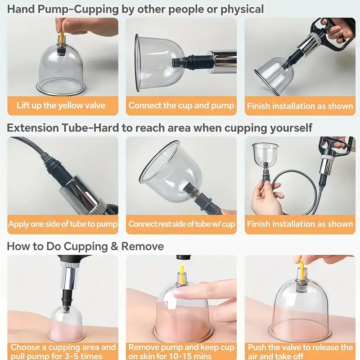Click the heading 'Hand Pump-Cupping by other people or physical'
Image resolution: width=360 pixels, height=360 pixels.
pos(135,9)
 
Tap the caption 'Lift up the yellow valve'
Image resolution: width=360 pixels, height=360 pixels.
pos(61,106)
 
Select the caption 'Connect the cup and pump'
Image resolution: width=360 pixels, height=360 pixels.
pos(181,106)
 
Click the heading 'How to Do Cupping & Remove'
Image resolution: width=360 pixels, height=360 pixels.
pos(85,246)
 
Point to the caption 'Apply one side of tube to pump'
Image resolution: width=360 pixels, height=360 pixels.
pos(63,224)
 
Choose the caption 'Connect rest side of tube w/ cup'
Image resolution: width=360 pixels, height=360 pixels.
pos(182,224)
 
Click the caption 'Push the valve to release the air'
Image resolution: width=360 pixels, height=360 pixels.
pos(300,351)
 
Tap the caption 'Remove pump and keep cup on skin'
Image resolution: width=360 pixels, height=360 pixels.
pos(181,351)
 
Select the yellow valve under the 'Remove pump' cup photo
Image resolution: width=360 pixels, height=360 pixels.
pos(181,274)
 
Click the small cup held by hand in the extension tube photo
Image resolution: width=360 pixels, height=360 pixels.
pos(265,154)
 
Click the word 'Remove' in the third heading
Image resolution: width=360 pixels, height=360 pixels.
pos(143,246)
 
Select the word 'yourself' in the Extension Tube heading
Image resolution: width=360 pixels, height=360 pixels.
pos(291,128)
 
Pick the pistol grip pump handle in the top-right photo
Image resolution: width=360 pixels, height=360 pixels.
pos(333,35)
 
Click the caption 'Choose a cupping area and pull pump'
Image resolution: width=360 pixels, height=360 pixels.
pos(63,351)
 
